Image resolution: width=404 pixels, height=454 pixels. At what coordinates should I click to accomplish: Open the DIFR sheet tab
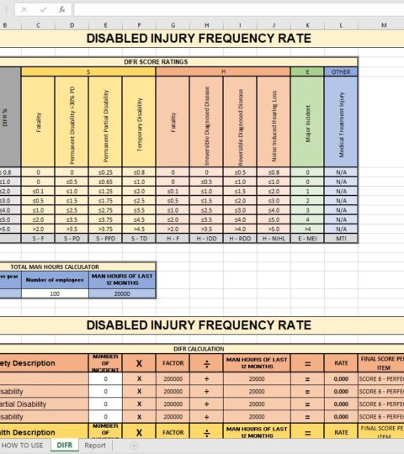(64, 445)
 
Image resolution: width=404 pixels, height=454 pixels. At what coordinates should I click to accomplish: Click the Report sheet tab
(94, 445)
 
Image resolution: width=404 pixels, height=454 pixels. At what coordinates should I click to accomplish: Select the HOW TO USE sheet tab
(22, 445)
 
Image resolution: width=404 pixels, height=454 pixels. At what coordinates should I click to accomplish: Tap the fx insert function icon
(61, 10)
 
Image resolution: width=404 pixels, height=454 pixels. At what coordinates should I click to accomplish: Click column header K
(307, 25)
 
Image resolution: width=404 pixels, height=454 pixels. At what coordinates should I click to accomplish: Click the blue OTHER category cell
(341, 72)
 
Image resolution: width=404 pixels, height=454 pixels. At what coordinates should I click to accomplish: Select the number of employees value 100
(55, 293)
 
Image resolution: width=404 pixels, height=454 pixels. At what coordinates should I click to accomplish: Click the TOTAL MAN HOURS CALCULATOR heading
(77, 266)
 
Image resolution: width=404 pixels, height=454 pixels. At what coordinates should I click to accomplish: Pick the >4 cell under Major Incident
(307, 229)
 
